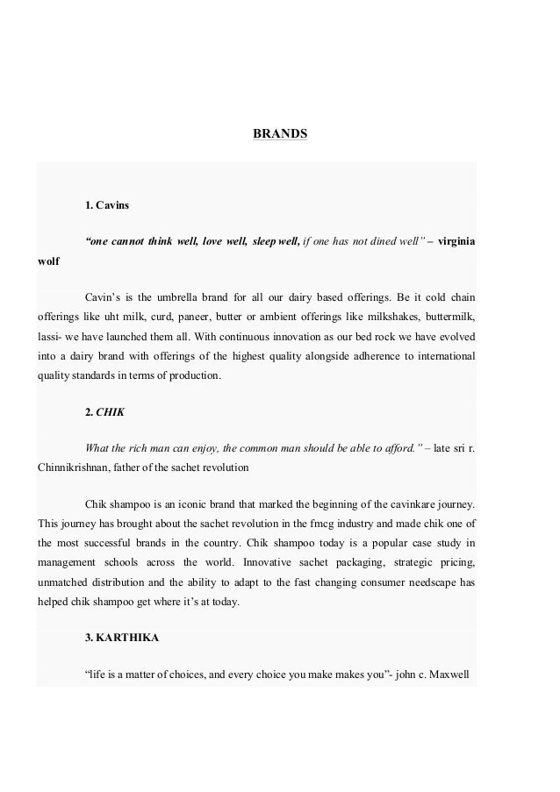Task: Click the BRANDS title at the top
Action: pos(280,135)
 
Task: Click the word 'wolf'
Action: pos(49,262)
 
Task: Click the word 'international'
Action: pos(442,357)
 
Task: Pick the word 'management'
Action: pos(73,560)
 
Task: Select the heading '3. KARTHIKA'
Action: pos(122,638)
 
